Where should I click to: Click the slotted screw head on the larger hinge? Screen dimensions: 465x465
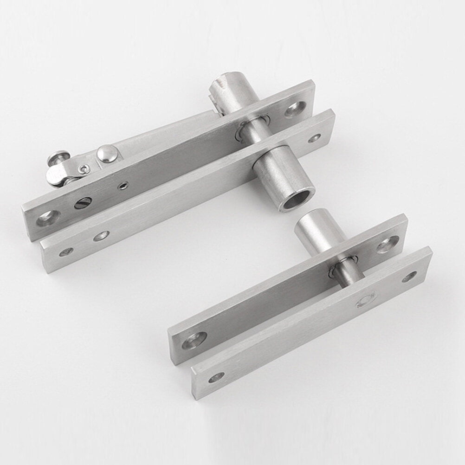tap(83, 203)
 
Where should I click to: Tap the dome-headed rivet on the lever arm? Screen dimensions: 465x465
tap(107, 154)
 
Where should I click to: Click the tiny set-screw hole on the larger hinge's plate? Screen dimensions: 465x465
tap(122, 187)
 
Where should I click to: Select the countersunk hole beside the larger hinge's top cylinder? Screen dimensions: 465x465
tap(294, 110)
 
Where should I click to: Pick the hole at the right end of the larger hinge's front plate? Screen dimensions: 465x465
tap(314, 138)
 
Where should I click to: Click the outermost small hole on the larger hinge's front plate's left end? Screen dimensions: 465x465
tap(66, 252)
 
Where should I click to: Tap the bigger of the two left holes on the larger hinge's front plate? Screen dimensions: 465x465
tap(101, 236)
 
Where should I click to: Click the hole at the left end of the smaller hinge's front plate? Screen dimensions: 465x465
tap(216, 377)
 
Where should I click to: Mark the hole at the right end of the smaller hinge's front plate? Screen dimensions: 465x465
tap(409, 277)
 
